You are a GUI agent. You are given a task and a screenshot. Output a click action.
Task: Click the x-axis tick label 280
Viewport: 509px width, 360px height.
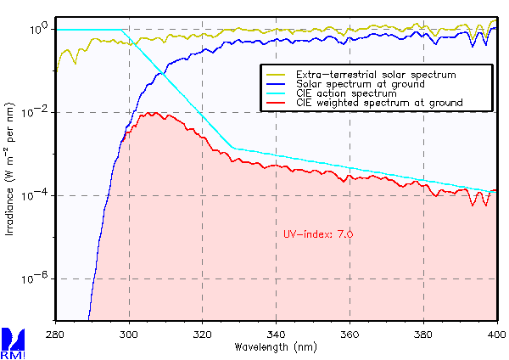coord(56,335)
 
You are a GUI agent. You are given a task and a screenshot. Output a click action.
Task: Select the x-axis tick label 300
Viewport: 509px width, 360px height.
coord(130,335)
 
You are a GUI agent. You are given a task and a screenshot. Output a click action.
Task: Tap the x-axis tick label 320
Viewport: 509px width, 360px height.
coord(203,335)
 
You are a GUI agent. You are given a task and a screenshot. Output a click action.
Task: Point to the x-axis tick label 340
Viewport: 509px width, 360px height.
coord(277,335)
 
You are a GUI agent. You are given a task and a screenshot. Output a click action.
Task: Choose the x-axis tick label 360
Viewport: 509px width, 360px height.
coord(350,335)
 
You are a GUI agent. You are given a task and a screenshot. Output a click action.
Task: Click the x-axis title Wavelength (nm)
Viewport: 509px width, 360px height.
coord(276,347)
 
